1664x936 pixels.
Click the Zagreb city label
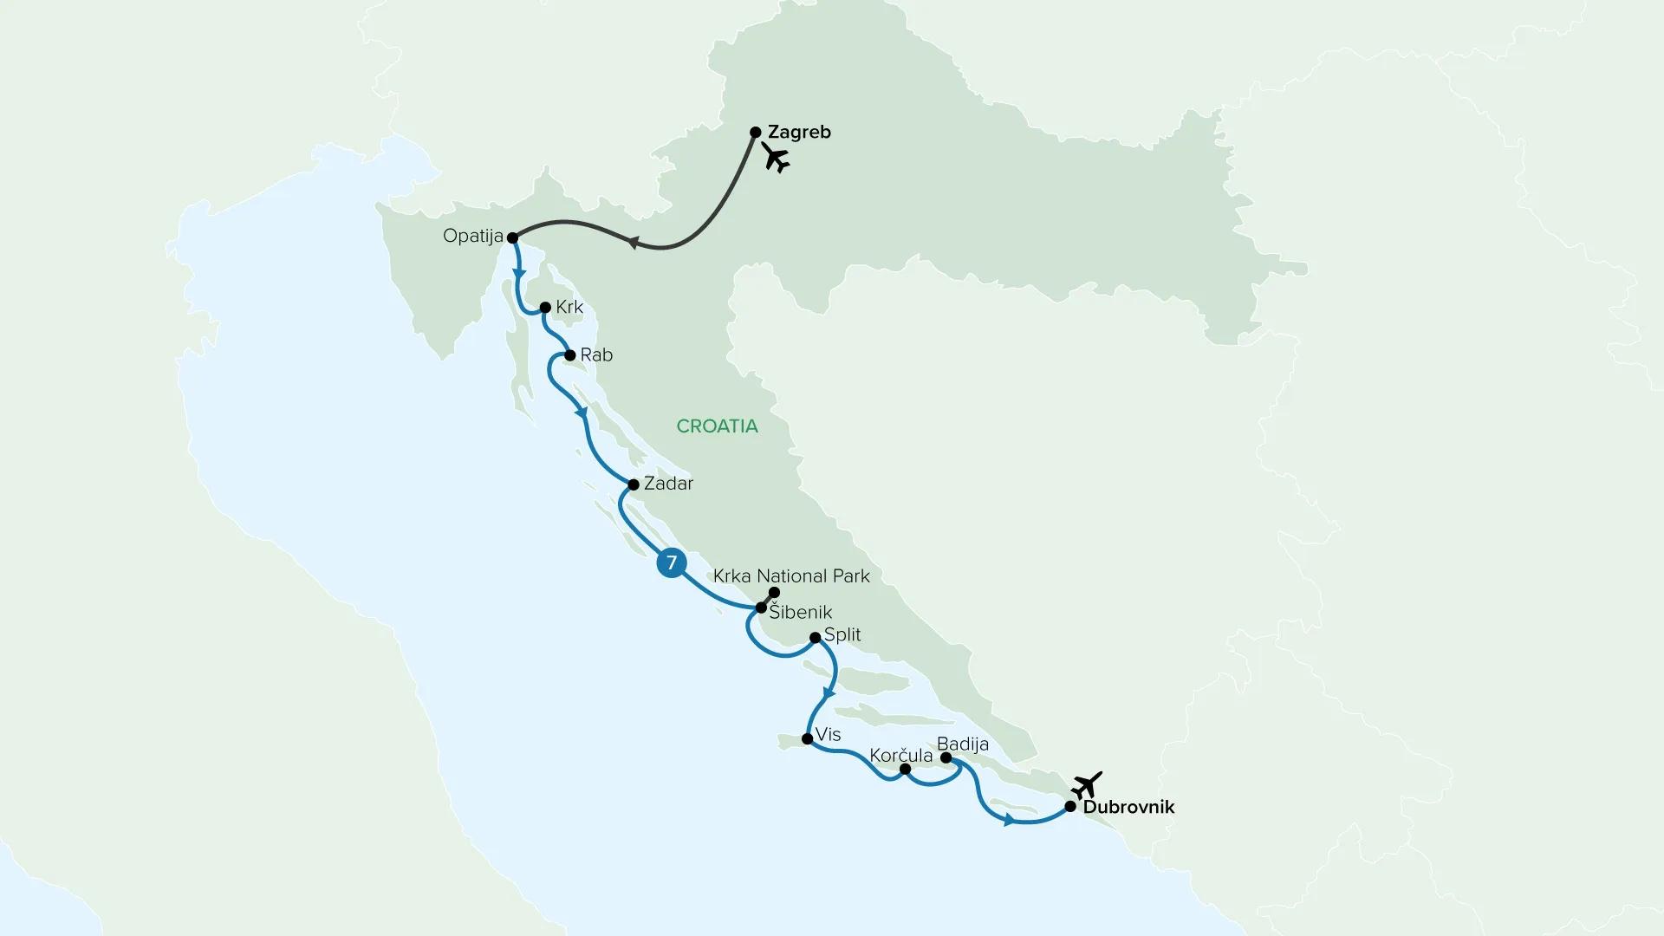799,133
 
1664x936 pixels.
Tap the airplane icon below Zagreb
776,158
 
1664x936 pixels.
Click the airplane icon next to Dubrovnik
1086,785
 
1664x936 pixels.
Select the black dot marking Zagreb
755,133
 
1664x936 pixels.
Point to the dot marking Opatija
512,237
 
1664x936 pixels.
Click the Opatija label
472,236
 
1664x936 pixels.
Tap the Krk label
569,308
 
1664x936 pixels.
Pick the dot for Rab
570,355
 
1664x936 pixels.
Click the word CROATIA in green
717,426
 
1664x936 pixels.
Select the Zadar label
668,484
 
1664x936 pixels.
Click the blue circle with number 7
671,563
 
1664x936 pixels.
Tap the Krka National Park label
791,576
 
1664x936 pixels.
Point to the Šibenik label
801,613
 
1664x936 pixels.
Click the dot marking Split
815,638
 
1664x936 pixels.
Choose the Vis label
828,735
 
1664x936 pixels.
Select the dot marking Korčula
905,769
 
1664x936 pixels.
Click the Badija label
962,744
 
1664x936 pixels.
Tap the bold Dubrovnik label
1128,807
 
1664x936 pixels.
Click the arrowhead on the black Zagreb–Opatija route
633,244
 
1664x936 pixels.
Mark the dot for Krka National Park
775,592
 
